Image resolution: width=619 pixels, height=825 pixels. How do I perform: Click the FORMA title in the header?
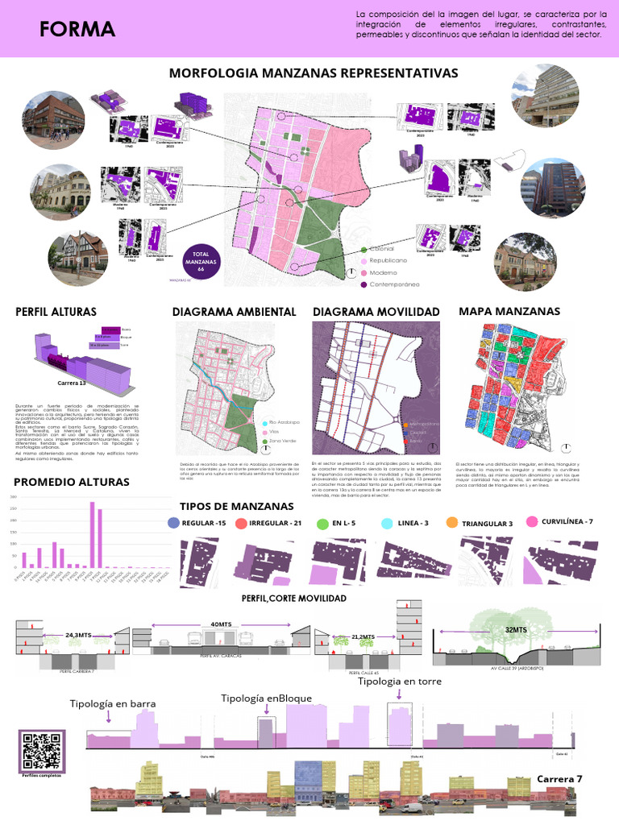pyautogui.click(x=77, y=30)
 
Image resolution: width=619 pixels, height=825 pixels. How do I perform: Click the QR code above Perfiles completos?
pyautogui.click(x=42, y=750)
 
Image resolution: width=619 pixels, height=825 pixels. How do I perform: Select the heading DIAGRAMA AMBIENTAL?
pyautogui.click(x=235, y=312)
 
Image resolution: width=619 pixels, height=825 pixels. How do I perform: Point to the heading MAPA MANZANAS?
pyautogui.click(x=499, y=311)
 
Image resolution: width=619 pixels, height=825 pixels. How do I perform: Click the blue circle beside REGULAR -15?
pyautogui.click(x=173, y=524)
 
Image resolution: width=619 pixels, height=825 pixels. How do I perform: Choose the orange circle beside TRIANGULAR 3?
pyautogui.click(x=451, y=524)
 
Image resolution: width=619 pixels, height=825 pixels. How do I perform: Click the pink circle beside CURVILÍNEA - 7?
pyautogui.click(x=532, y=522)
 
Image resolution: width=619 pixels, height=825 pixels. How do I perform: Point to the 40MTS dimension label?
pyautogui.click(x=220, y=624)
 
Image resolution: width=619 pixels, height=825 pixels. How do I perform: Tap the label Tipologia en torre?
pyautogui.click(x=400, y=682)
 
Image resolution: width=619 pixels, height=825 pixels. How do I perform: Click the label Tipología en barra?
pyautogui.click(x=113, y=703)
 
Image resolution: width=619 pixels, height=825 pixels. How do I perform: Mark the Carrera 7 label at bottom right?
pyautogui.click(x=559, y=779)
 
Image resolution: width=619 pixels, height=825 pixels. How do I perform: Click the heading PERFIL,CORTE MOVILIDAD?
pyautogui.click(x=294, y=599)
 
